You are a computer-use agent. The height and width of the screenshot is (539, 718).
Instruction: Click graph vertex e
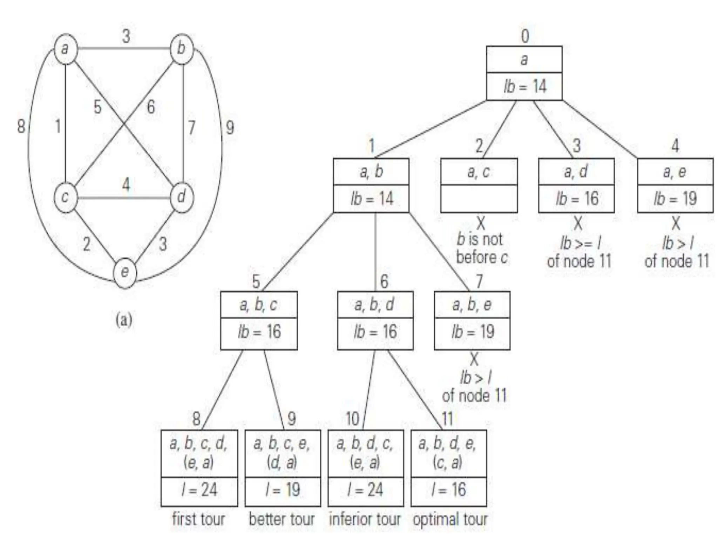click(x=124, y=273)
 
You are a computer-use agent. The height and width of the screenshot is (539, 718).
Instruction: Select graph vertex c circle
click(x=66, y=197)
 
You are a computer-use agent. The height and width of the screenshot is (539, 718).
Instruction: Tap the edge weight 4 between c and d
click(x=126, y=185)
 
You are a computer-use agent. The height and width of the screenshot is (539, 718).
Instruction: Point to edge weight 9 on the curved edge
click(x=230, y=127)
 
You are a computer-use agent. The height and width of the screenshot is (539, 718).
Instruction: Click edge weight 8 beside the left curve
click(x=21, y=126)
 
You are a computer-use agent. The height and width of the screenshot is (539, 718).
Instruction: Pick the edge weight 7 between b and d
click(x=191, y=127)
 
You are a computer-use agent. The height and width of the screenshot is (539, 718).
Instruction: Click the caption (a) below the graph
click(x=124, y=320)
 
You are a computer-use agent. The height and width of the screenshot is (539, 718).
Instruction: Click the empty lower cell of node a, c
click(x=479, y=199)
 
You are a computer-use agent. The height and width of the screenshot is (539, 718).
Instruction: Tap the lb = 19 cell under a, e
click(x=675, y=199)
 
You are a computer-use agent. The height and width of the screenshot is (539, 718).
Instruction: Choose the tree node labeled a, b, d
click(x=375, y=305)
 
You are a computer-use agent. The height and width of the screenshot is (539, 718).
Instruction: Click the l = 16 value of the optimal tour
click(x=449, y=490)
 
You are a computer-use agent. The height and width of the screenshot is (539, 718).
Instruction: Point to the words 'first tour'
click(x=198, y=519)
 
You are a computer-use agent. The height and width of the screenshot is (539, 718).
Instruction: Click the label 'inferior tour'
click(x=365, y=519)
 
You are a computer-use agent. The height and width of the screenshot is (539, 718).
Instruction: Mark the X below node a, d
click(x=577, y=223)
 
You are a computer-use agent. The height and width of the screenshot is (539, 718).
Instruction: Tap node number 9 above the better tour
click(x=291, y=419)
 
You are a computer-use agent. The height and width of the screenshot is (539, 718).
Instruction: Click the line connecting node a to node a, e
click(x=600, y=129)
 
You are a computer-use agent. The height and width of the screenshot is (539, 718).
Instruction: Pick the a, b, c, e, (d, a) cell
click(x=283, y=453)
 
